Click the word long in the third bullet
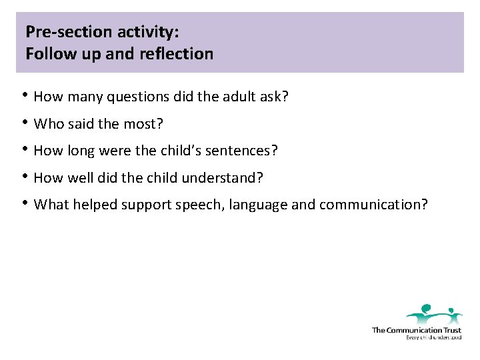(x=81, y=151)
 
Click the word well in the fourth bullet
(x=81, y=178)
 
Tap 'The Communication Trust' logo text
(x=416, y=330)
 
